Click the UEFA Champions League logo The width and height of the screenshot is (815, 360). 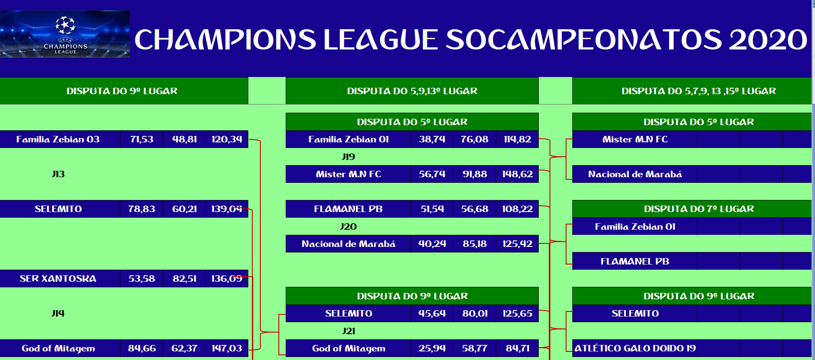click(65, 34)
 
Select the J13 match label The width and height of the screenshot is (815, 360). click(58, 174)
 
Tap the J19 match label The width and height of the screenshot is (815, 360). click(349, 157)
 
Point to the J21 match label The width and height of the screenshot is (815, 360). click(349, 331)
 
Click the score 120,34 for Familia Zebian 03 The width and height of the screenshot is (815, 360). click(227, 139)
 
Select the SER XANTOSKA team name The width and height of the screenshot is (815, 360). click(58, 279)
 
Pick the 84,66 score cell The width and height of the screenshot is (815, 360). click(142, 348)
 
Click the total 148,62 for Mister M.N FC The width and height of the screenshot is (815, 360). click(517, 174)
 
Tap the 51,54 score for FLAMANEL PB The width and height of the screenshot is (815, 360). click(432, 209)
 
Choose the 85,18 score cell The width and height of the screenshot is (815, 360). click(475, 244)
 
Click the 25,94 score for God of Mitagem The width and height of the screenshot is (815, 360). click(432, 348)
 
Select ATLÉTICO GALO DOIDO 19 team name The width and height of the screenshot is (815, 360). click(635, 348)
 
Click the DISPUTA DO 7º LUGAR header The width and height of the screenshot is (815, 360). click(699, 209)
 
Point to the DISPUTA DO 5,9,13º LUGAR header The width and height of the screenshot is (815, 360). click(412, 91)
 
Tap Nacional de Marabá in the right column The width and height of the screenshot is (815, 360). click(635, 174)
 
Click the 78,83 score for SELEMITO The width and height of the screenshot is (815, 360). click(142, 209)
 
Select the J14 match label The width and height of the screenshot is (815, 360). click(58, 314)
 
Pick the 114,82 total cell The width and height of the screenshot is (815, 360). click(517, 139)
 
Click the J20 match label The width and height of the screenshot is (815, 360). click(349, 227)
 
